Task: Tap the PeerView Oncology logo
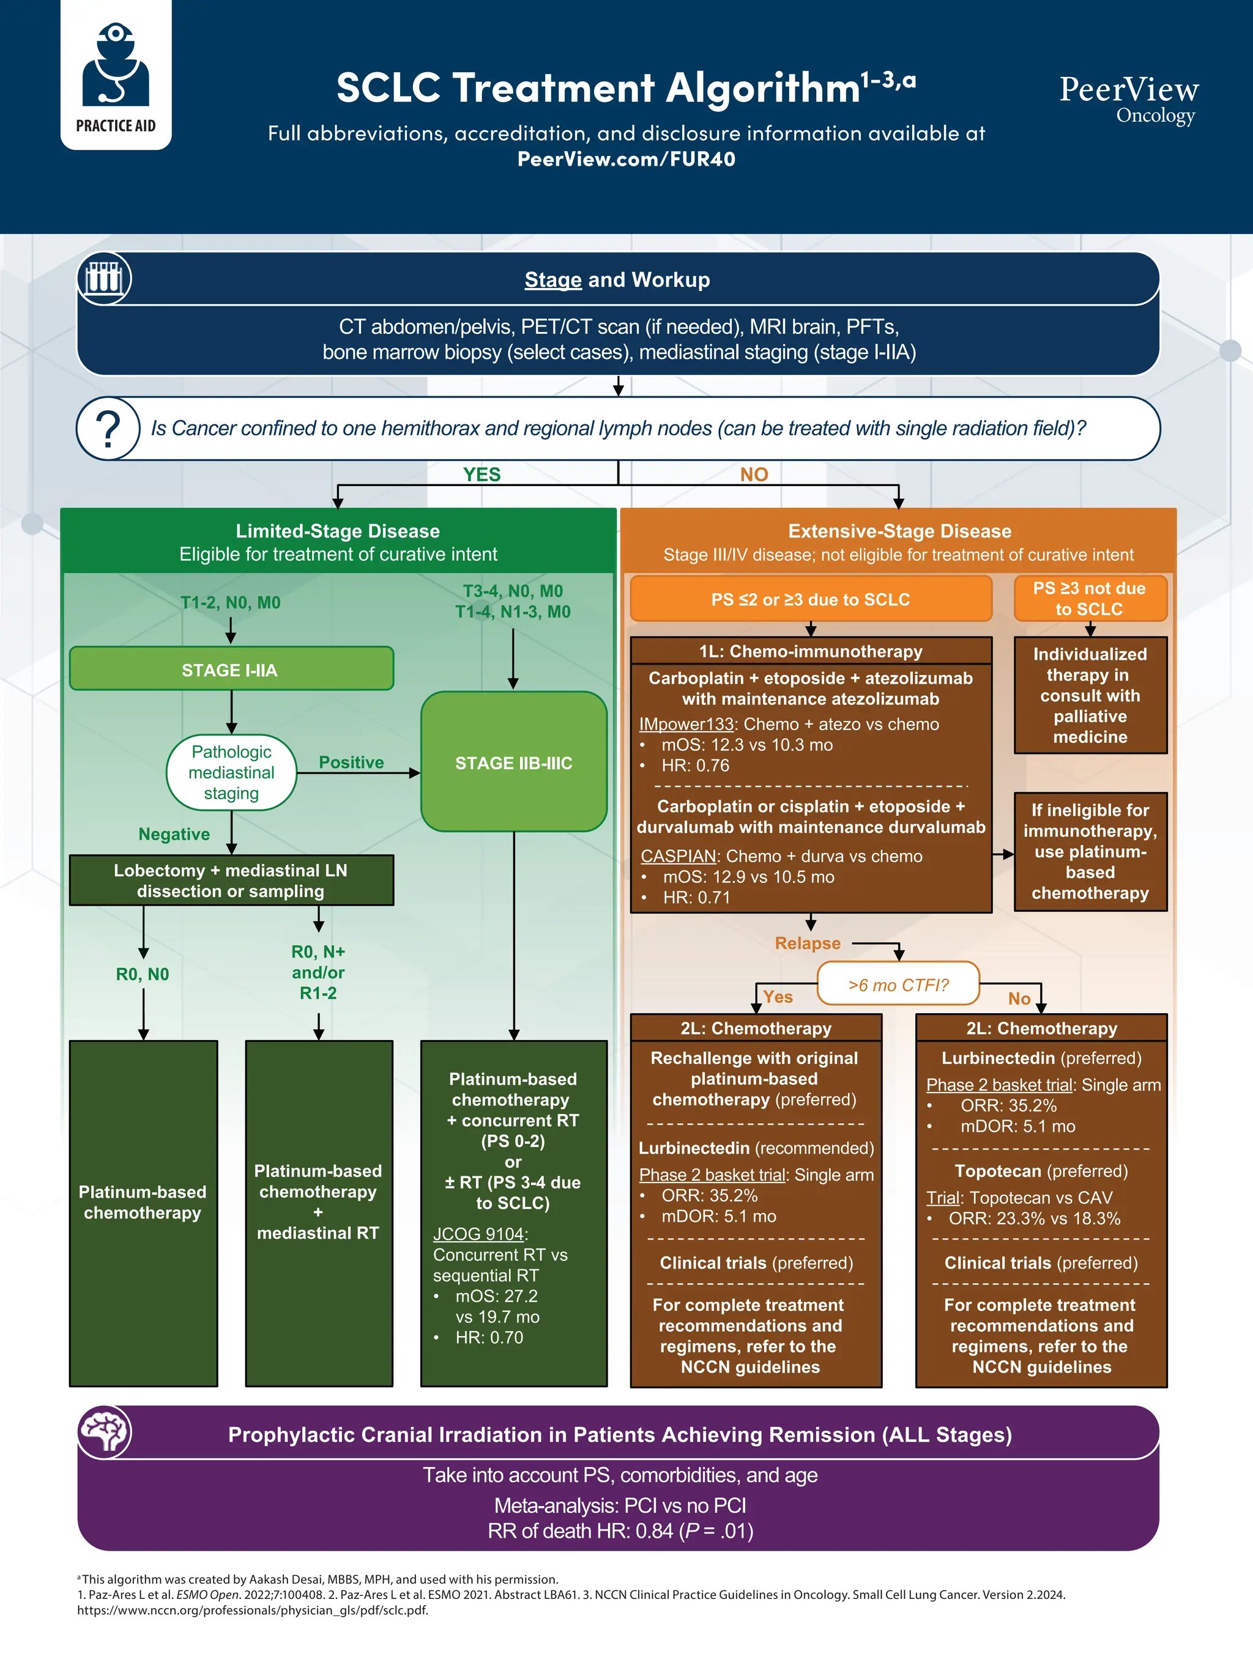(x=1128, y=98)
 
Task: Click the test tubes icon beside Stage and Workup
(x=105, y=278)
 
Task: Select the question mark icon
(x=108, y=429)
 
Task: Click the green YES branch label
(x=481, y=474)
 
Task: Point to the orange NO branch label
(x=754, y=474)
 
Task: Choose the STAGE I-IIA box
(x=231, y=669)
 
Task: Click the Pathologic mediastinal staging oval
(x=231, y=772)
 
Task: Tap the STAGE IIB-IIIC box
(x=513, y=762)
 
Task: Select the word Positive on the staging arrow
(x=351, y=762)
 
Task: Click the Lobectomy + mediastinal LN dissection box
(x=231, y=880)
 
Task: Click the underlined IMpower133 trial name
(x=685, y=725)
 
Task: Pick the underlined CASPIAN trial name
(x=679, y=856)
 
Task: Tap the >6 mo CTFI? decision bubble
(x=898, y=984)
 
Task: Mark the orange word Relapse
(x=807, y=943)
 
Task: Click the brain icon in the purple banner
(x=105, y=1432)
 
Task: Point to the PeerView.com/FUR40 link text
(x=626, y=159)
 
